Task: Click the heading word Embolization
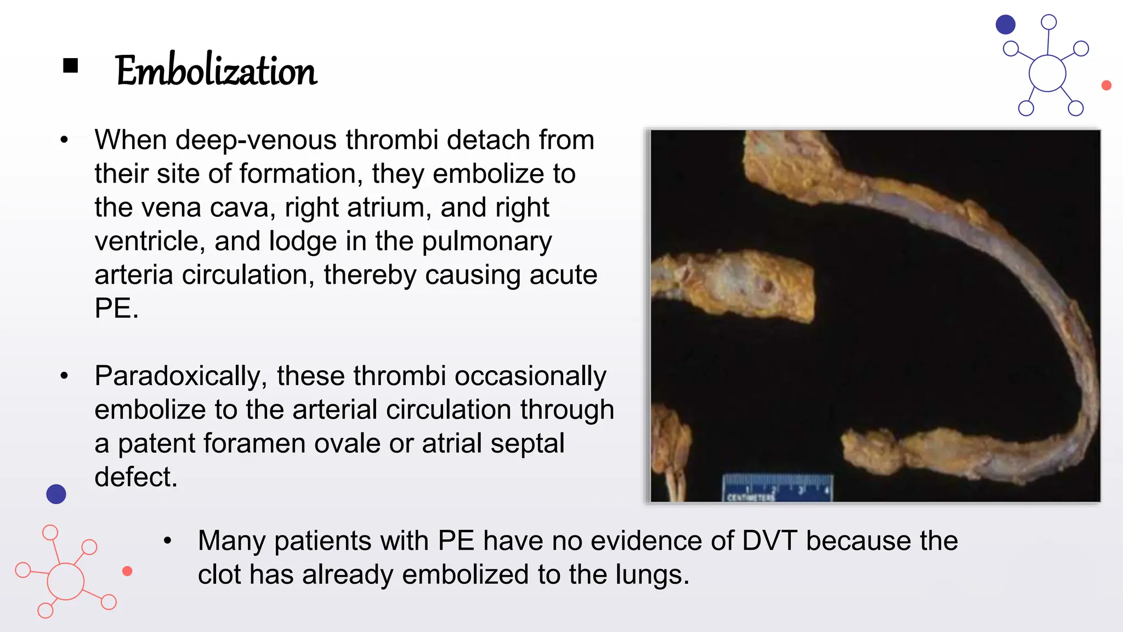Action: coord(216,71)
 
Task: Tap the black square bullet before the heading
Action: coord(71,66)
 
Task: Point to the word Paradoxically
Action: coord(180,376)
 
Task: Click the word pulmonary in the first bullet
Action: coord(487,241)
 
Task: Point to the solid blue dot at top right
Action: coord(1006,25)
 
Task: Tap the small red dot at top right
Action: coord(1107,86)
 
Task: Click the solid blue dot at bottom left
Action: coord(56,494)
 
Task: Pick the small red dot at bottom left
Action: coord(127,571)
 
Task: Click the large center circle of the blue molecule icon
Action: coord(1047,74)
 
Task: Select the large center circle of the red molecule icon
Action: coord(66,582)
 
